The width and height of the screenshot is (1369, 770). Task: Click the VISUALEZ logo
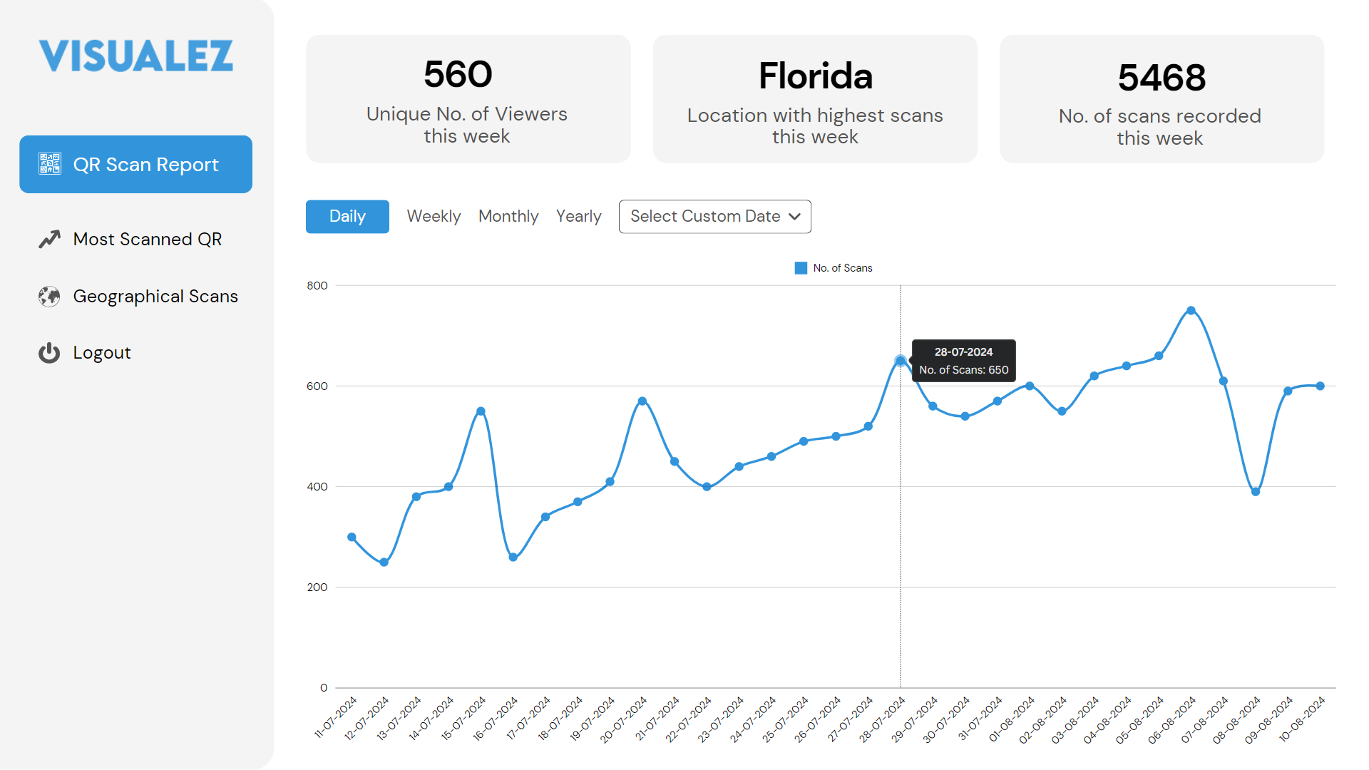(135, 56)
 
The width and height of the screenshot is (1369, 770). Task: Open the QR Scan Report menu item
(135, 164)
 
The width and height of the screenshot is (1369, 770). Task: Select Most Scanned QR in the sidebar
(147, 239)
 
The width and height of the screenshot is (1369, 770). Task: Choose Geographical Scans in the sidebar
(155, 296)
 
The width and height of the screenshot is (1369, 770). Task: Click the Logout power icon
(49, 353)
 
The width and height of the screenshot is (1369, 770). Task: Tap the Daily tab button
(347, 216)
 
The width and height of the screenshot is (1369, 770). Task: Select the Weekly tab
(434, 216)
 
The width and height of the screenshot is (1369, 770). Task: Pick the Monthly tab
(508, 216)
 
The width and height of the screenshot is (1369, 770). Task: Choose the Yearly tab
(578, 216)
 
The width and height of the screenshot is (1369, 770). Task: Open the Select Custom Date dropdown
(714, 216)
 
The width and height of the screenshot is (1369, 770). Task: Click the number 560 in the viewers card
(458, 74)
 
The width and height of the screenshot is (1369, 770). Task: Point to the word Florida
(815, 76)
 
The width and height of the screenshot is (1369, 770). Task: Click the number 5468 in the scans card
(1162, 77)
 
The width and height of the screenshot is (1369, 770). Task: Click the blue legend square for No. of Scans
(801, 268)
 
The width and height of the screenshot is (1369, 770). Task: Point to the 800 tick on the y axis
(317, 286)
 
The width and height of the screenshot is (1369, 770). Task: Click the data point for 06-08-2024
(1191, 311)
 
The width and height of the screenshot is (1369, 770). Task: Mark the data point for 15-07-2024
(481, 411)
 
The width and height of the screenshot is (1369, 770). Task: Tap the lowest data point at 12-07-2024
(384, 563)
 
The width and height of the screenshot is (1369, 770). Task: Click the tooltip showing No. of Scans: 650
(963, 361)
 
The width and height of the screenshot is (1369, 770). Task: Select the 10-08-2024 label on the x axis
(1303, 718)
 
